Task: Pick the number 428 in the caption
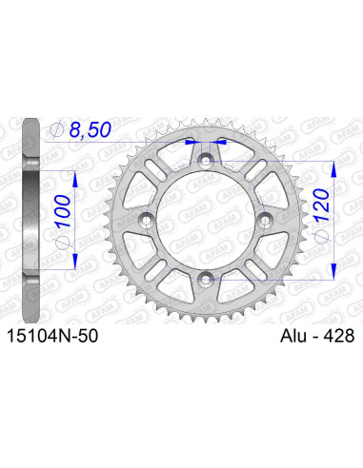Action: tap(338, 336)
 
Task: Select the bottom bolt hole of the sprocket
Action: tap(207, 278)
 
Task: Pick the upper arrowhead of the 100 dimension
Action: tap(71, 175)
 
